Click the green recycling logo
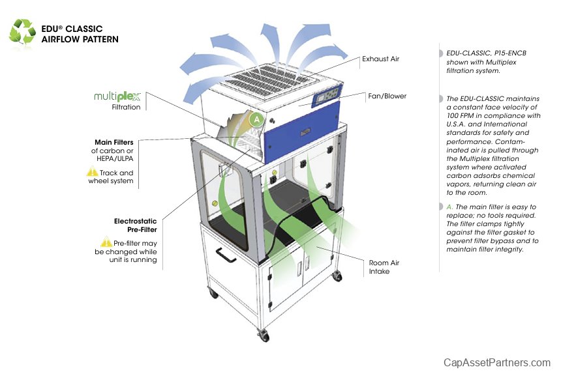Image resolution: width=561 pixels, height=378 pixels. click(x=22, y=33)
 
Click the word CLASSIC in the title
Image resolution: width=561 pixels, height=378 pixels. click(x=83, y=29)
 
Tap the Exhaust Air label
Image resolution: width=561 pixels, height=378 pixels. click(x=381, y=59)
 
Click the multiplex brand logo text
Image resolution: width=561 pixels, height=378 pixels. click(x=117, y=96)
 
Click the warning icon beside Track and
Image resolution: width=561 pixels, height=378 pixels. click(x=93, y=173)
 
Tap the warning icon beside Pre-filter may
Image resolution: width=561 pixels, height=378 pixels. click(x=106, y=242)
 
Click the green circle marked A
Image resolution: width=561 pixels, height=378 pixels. click(x=258, y=119)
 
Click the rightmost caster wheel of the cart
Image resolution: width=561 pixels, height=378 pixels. click(x=337, y=276)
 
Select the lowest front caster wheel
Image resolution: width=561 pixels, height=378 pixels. click(x=264, y=336)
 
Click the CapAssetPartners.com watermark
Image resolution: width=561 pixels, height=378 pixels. click(x=497, y=362)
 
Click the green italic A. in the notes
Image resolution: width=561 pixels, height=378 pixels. click(x=449, y=207)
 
